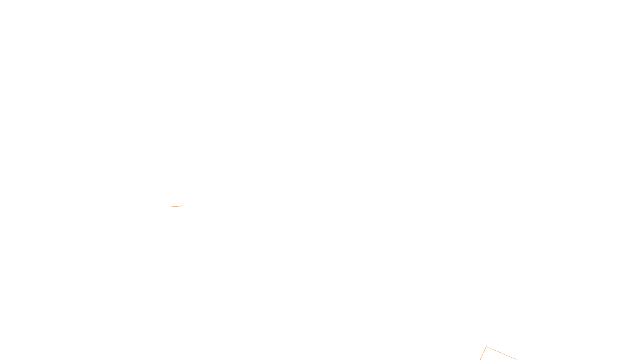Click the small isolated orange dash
pos(177,206)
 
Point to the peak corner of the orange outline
pos(486,347)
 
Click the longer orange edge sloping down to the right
pos(502,354)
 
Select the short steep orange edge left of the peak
pos(483,353)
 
